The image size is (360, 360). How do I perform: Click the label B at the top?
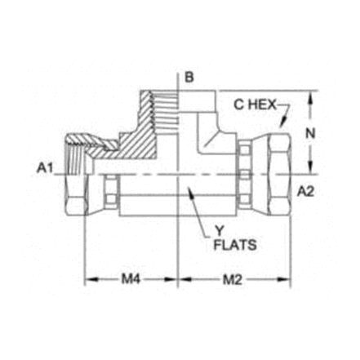tap(189, 78)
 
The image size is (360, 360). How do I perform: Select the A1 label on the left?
tap(45, 168)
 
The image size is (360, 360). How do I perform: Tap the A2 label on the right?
tap(305, 192)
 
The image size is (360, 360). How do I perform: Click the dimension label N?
tap(310, 133)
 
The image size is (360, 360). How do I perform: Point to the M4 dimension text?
tap(131, 279)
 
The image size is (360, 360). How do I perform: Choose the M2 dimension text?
tap(233, 279)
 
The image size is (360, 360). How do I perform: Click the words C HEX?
tap(255, 105)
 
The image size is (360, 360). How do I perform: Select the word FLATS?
tap(235, 245)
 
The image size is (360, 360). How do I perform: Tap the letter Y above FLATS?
tap(220, 232)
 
